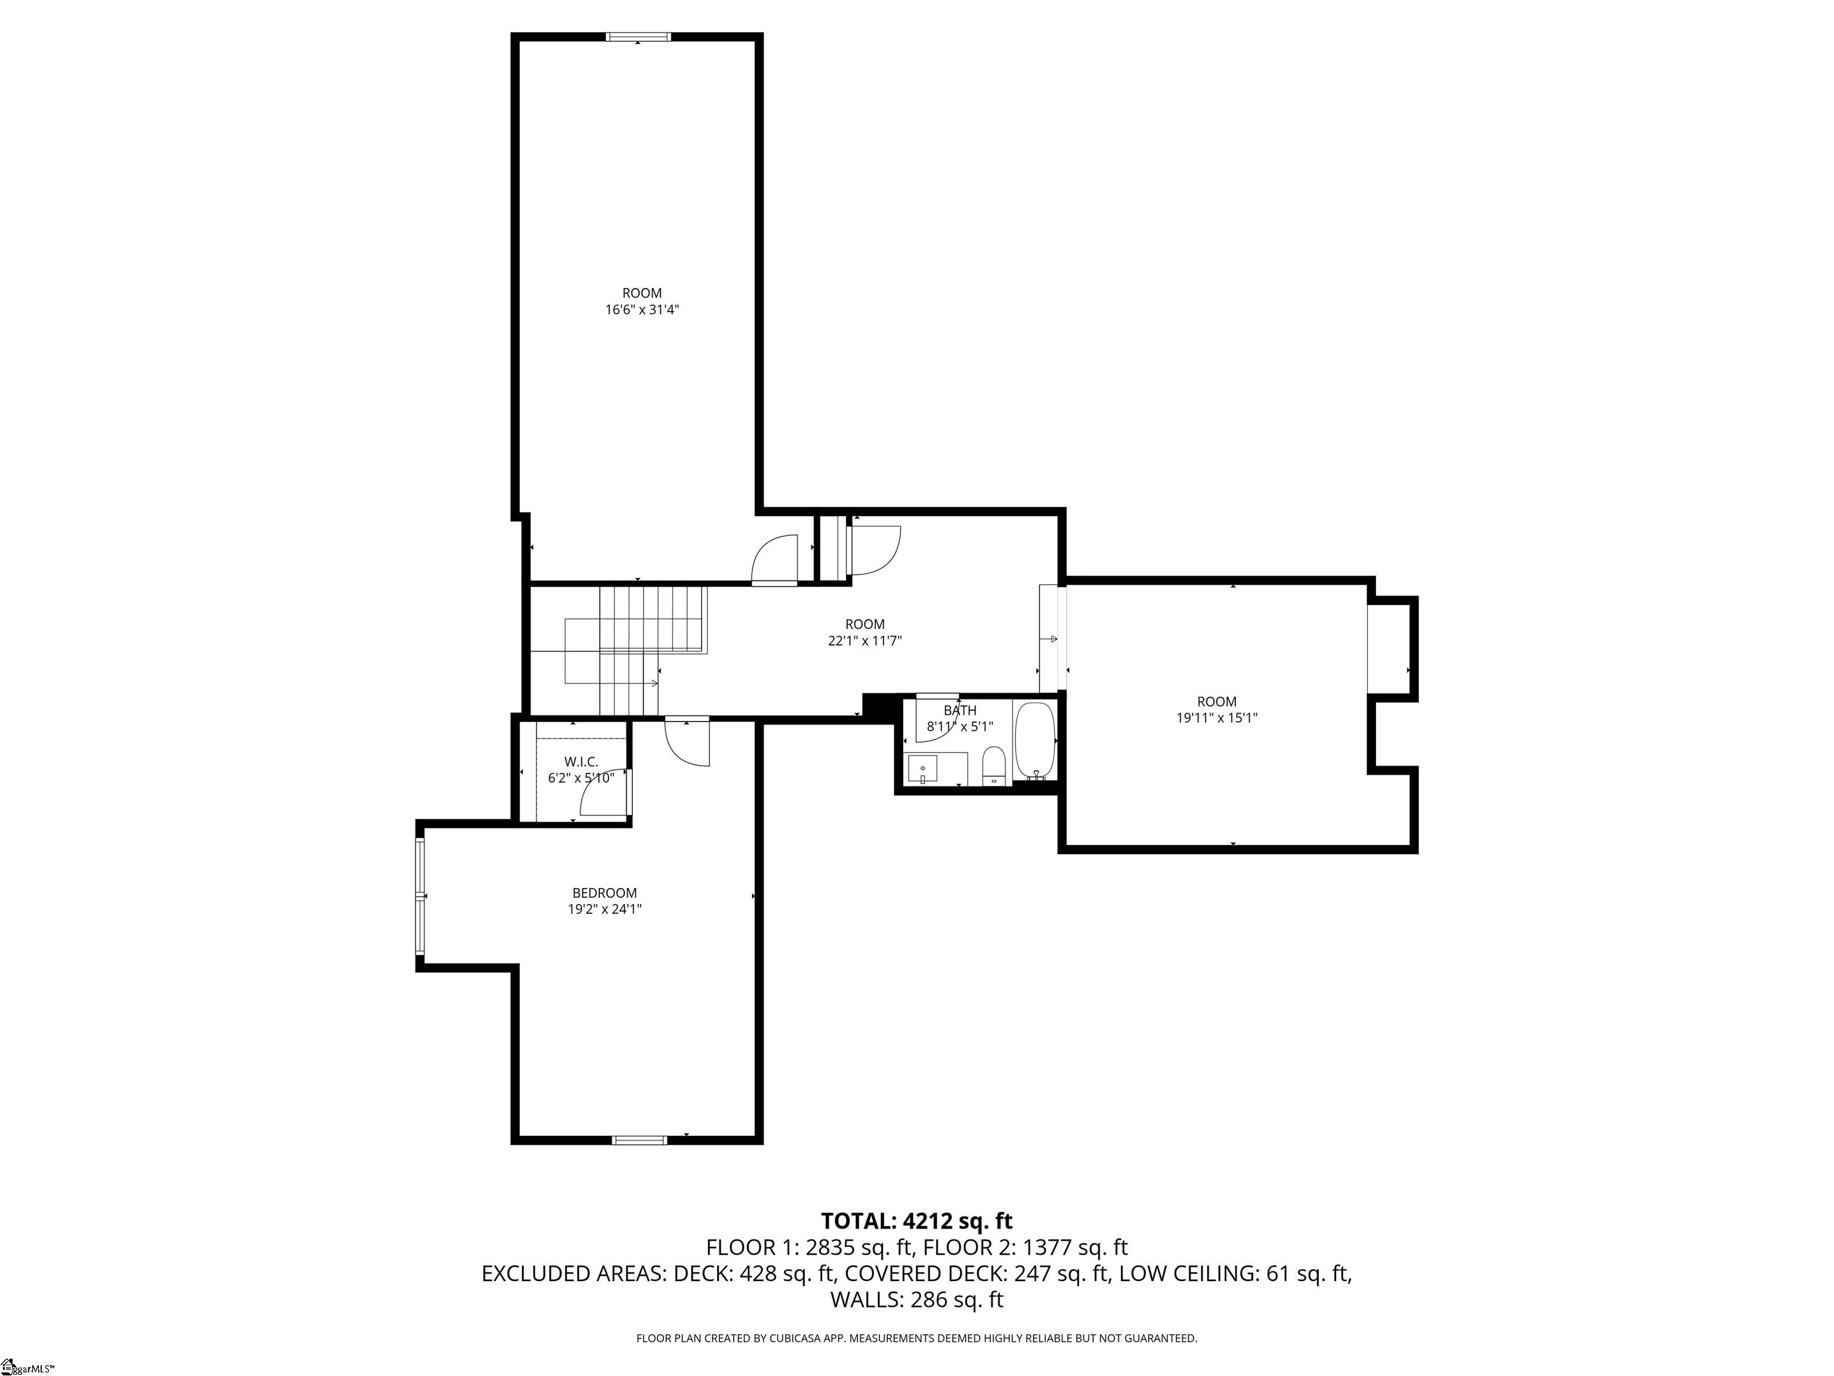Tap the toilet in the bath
(993, 764)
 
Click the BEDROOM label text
(604, 892)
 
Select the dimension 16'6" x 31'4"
(642, 309)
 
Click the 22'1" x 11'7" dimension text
(865, 640)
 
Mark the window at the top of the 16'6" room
(637, 36)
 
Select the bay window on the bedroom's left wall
(420, 896)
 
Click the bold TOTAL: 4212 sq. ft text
(916, 1221)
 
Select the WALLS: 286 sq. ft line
(916, 1300)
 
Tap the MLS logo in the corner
(25, 1366)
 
